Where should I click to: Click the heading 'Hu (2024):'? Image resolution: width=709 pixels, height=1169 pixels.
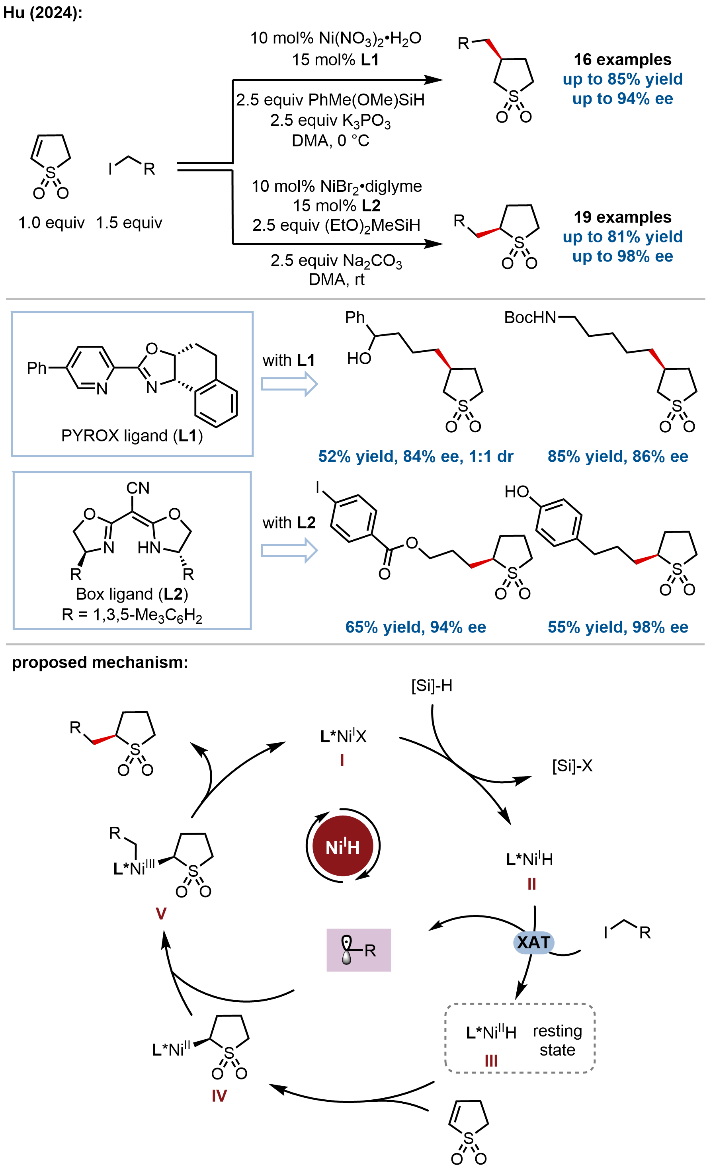pyautogui.click(x=43, y=13)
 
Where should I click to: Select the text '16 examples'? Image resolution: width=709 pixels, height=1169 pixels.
pyautogui.click(x=622, y=59)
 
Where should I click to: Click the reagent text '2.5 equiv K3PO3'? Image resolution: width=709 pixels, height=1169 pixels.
pyautogui.click(x=330, y=121)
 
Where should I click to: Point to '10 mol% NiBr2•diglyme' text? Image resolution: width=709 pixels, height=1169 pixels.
pyautogui.click(x=336, y=186)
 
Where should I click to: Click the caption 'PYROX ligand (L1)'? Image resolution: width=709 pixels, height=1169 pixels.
pyautogui.click(x=132, y=435)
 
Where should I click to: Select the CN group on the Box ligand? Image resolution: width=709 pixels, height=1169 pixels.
pyautogui.click(x=138, y=488)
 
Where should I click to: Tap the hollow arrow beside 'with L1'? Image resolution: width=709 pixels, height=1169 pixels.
pyautogui.click(x=289, y=384)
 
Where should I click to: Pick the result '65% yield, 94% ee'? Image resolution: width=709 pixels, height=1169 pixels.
pyautogui.click(x=416, y=627)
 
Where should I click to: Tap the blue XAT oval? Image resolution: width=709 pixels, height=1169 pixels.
pyautogui.click(x=533, y=942)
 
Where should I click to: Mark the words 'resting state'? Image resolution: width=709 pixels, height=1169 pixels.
pyautogui.click(x=557, y=1040)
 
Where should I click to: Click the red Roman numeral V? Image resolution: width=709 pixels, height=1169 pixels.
pyautogui.click(x=161, y=913)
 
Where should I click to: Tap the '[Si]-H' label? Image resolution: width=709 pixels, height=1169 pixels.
pyautogui.click(x=432, y=685)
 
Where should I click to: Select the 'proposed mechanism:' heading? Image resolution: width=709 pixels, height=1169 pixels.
pyautogui.click(x=100, y=662)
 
